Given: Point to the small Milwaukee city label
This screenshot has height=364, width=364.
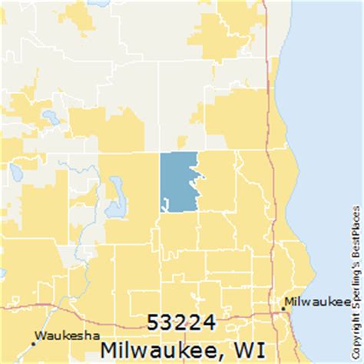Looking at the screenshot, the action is coord(312,300).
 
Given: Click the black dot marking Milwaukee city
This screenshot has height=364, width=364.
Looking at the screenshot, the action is coord(284,307).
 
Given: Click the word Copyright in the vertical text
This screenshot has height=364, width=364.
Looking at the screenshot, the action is coord(358,330).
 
